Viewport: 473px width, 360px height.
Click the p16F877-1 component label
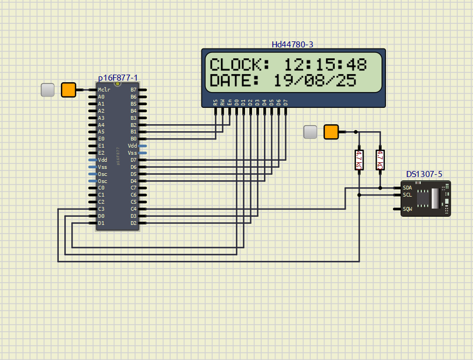118,78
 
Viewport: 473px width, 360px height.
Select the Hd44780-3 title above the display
292,44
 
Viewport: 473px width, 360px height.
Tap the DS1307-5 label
424,174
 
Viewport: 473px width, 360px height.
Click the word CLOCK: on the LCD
239,64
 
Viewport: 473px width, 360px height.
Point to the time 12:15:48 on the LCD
325,64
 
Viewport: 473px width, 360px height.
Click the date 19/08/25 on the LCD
315,81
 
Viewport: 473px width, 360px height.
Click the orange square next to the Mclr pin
69,90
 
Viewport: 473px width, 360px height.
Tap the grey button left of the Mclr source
48,90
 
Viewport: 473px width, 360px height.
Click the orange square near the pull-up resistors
331,132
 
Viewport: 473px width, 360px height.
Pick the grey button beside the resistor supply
310,132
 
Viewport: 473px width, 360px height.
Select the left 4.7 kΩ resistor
359,160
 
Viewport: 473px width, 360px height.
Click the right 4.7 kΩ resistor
380,160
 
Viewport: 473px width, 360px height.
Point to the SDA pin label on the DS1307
407,188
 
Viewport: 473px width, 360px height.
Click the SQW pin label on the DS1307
407,209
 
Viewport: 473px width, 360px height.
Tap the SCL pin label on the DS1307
407,194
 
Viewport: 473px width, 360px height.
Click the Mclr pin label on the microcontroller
103,90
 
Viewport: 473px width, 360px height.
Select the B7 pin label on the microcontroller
133,90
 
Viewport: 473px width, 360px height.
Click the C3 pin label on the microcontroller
101,209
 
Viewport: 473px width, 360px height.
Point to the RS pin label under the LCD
216,102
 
